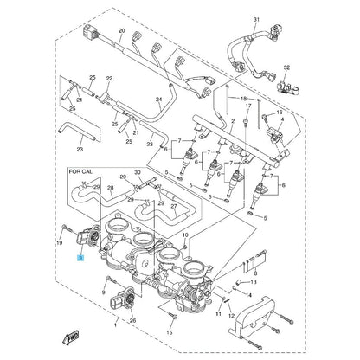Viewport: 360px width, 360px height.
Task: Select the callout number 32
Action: [x=286, y=67]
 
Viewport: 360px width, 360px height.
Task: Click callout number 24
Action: [x=158, y=100]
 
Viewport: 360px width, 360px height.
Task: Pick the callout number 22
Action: [x=109, y=79]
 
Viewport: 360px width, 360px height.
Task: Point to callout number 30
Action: [x=138, y=173]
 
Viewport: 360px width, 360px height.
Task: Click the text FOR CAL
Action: [x=86, y=174]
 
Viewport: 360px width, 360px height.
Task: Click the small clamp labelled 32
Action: [x=282, y=87]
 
